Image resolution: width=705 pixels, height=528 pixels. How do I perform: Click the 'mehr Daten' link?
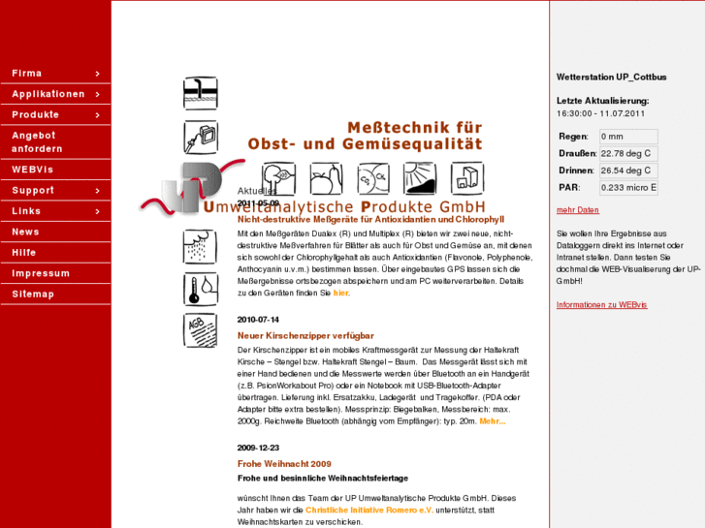[577, 210]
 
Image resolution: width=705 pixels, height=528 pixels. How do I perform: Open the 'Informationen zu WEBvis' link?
[601, 305]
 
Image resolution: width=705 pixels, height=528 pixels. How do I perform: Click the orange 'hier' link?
[340, 293]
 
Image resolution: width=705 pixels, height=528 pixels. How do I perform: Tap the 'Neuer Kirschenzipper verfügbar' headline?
[305, 335]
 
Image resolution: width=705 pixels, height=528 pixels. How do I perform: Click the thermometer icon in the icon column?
[200, 289]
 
